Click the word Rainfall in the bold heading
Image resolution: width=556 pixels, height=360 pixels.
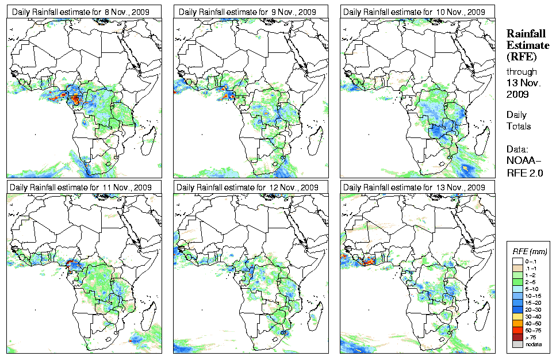(x=526, y=35)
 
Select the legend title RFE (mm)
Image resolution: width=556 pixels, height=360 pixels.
(x=530, y=252)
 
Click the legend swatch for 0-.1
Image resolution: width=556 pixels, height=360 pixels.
(x=517, y=261)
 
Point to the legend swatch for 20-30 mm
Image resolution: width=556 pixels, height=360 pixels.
(x=517, y=309)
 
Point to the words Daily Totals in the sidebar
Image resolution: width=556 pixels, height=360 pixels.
(x=519, y=120)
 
